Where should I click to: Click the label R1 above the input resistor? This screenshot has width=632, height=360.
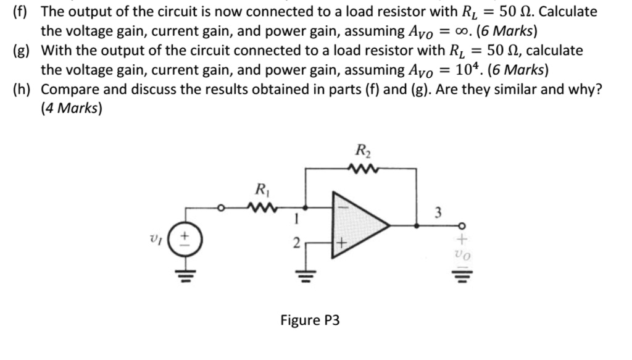click(262, 189)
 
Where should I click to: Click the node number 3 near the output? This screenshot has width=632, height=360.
click(438, 214)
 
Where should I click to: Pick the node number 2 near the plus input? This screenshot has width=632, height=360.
click(296, 245)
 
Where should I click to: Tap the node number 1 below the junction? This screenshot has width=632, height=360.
click(297, 217)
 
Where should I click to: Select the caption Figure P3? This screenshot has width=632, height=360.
click(310, 320)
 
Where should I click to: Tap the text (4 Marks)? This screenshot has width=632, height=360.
click(72, 109)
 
